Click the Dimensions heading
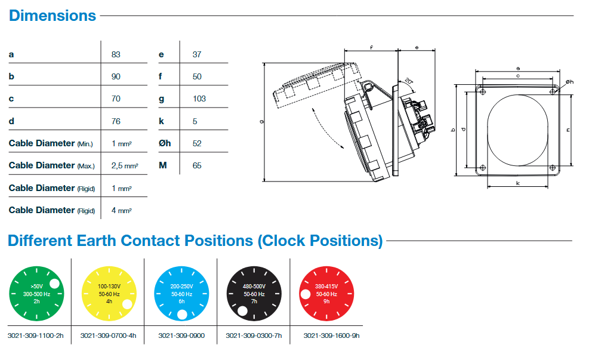pyautogui.click(x=53, y=16)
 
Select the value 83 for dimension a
pyautogui.click(x=116, y=54)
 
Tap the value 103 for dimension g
pyautogui.click(x=199, y=99)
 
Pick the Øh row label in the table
pyautogui.click(x=165, y=143)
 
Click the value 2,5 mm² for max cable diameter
pyautogui.click(x=125, y=165)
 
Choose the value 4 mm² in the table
pyautogui.click(x=121, y=210)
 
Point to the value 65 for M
pyautogui.click(x=197, y=165)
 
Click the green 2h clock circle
pyautogui.click(x=37, y=294)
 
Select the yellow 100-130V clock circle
pyautogui.click(x=110, y=294)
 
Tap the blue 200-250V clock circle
pyautogui.click(x=182, y=294)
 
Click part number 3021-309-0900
pyautogui.click(x=181, y=336)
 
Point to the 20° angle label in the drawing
pyautogui.click(x=408, y=81)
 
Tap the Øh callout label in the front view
pyautogui.click(x=569, y=81)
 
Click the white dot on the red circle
pyautogui.click(x=305, y=294)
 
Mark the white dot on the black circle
pyautogui.click(x=242, y=310)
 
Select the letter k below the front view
pyautogui.click(x=517, y=183)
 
